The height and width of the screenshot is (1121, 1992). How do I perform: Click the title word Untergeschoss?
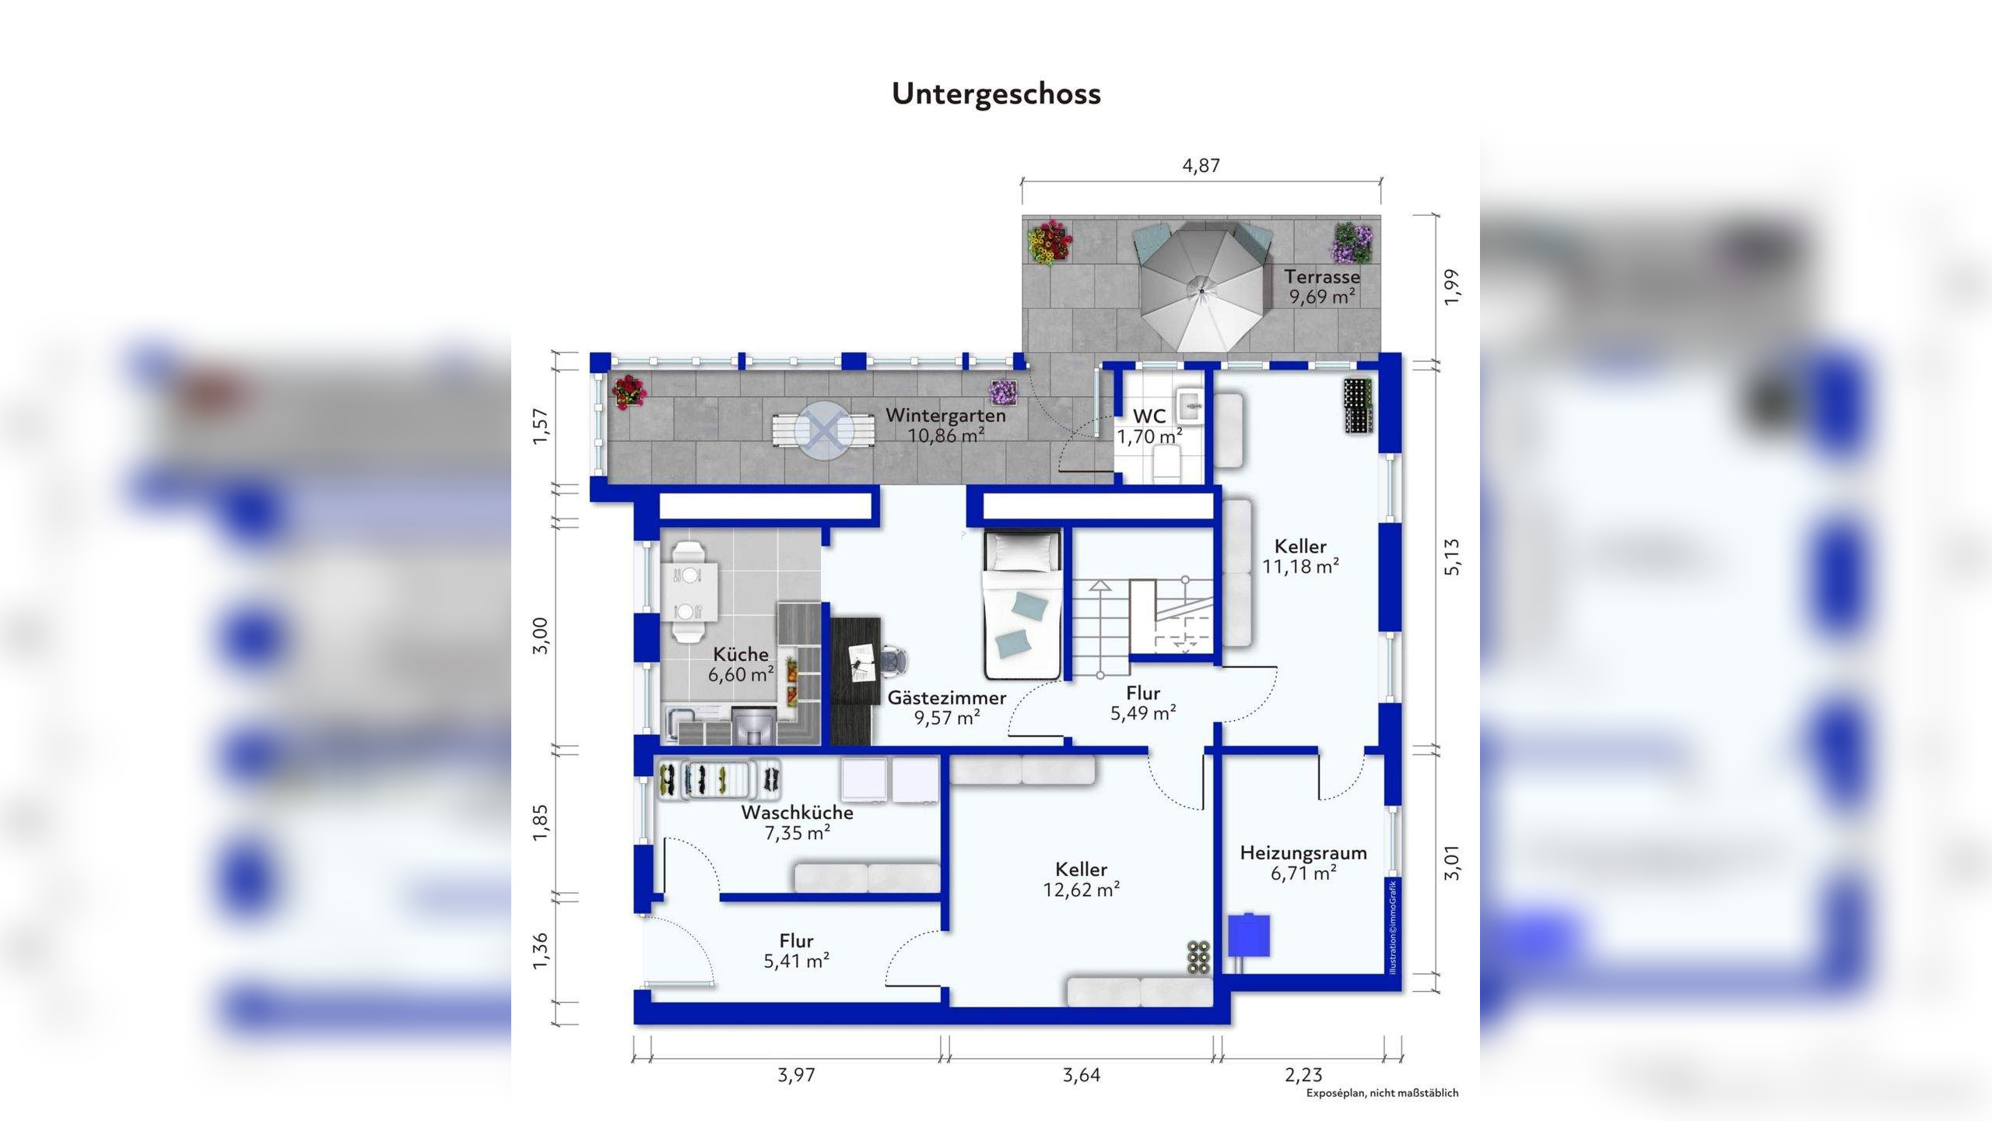(996, 93)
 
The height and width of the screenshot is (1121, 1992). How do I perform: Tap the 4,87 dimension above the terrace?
(1201, 165)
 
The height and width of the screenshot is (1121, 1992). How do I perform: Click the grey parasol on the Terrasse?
(1201, 288)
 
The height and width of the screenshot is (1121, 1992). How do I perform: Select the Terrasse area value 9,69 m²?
(1322, 297)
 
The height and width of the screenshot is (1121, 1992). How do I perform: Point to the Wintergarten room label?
(945, 415)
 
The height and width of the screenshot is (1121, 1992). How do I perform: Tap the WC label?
(1149, 416)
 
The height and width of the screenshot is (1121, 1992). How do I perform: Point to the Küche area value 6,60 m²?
(740, 674)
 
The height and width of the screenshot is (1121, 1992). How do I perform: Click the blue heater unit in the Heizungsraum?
(1249, 935)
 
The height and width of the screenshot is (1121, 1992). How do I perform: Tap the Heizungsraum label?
(1303, 852)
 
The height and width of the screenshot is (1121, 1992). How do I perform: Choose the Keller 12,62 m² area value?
(1081, 890)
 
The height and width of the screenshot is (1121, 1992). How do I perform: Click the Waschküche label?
(797, 813)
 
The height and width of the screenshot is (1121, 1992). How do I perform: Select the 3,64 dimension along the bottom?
(1081, 1075)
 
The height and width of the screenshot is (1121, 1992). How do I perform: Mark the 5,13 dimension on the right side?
(1452, 557)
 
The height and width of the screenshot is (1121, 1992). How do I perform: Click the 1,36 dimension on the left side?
(540, 951)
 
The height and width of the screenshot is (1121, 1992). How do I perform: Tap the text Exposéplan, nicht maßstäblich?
(1382, 1093)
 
